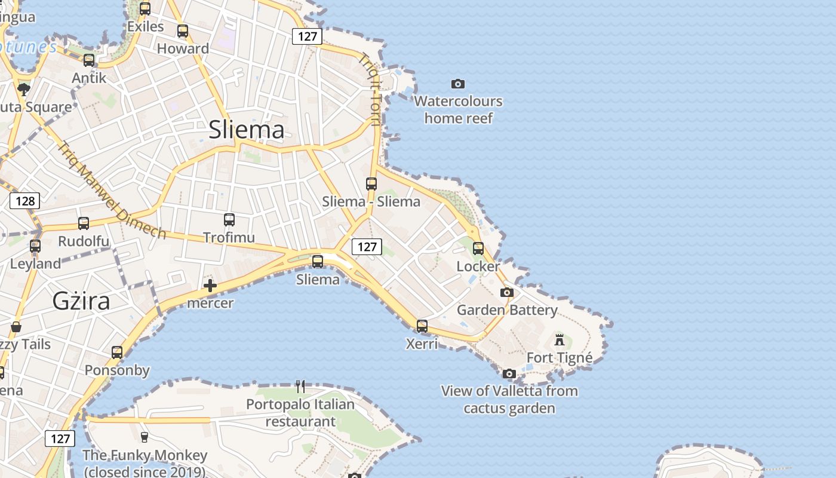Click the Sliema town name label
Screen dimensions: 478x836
click(246, 130)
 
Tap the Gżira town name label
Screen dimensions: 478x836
click(81, 301)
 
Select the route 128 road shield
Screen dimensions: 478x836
click(25, 200)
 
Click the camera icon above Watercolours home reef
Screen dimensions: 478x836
click(458, 84)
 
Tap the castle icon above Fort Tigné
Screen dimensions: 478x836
click(560, 340)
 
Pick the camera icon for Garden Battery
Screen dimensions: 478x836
click(507, 292)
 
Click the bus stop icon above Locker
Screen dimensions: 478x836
click(478, 248)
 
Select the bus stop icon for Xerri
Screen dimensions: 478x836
click(422, 326)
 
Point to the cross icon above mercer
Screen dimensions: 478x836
click(210, 286)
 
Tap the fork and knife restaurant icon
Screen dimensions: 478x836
click(300, 387)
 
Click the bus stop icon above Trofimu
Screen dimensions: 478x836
click(229, 220)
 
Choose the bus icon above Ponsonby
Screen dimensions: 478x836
click(117, 353)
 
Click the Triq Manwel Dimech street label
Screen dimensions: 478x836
click(112, 189)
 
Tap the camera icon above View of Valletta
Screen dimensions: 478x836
click(509, 374)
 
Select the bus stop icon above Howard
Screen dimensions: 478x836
click(183, 31)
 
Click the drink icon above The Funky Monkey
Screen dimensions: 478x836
click(144, 437)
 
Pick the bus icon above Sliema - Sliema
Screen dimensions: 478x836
click(371, 184)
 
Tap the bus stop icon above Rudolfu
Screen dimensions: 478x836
click(84, 223)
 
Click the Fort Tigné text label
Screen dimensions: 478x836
click(560, 358)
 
